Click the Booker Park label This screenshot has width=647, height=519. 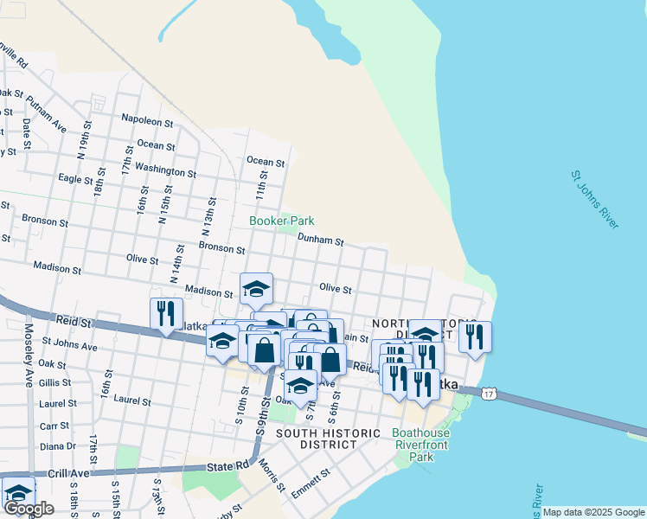281,221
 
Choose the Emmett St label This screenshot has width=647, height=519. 312,479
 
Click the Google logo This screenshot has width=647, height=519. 29,509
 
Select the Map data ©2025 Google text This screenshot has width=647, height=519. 594,512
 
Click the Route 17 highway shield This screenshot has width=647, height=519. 490,394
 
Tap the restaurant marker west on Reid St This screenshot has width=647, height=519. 164,314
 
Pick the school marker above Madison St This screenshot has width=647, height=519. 256,289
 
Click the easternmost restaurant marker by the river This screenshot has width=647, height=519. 475,336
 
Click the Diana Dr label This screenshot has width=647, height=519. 58,446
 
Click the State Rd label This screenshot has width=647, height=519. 228,467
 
